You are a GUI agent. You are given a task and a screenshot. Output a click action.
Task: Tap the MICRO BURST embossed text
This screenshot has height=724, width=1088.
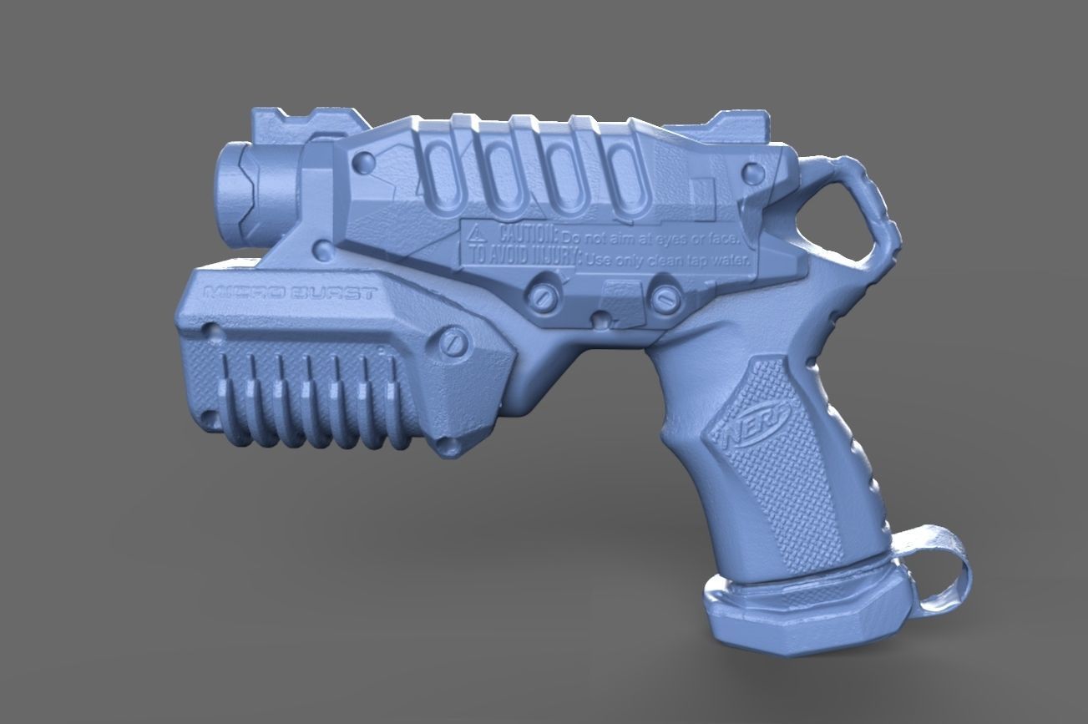[290, 294]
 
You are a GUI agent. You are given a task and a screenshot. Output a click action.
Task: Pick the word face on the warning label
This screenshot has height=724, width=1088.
[724, 240]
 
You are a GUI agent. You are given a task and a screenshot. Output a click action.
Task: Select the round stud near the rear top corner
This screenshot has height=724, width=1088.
[753, 174]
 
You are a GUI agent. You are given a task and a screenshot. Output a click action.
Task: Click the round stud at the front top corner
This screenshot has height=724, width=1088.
[364, 163]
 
